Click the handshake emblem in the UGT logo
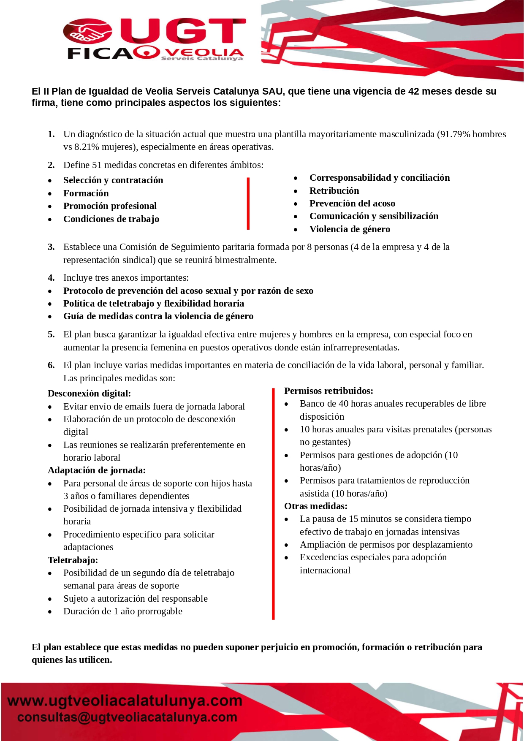pos(87,31)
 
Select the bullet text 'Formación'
pos(86,193)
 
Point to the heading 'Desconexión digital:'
pos(89,394)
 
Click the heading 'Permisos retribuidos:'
pos(329,391)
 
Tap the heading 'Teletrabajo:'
pos(73,560)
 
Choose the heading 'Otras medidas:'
pos(315,506)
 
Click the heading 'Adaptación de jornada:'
pos(96,470)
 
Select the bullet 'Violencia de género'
pos(349,229)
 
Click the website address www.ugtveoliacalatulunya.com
pos(125,701)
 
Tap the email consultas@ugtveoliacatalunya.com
pos(127,717)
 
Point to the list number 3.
pos(51,247)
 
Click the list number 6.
pos(51,365)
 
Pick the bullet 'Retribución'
pos(334,191)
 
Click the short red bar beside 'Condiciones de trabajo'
pos(248,204)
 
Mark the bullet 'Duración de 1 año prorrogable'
pos(122,611)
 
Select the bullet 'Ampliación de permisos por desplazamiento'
pos(386,545)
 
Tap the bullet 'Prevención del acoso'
pos(352,204)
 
